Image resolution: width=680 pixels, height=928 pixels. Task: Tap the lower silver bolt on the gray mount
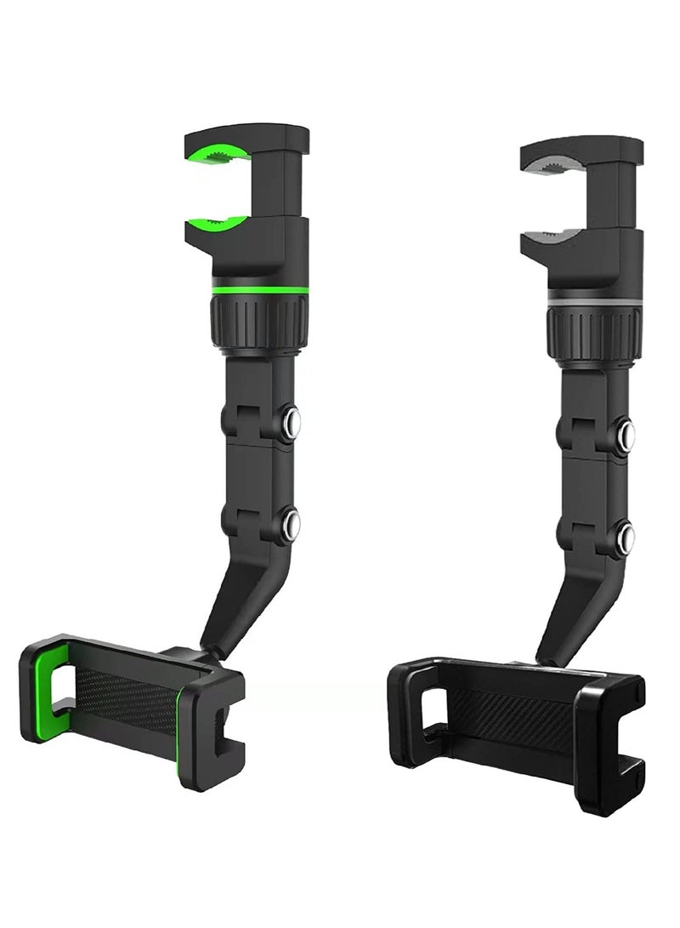pos(626,536)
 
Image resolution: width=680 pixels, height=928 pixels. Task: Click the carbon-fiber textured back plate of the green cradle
pos(127,697)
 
